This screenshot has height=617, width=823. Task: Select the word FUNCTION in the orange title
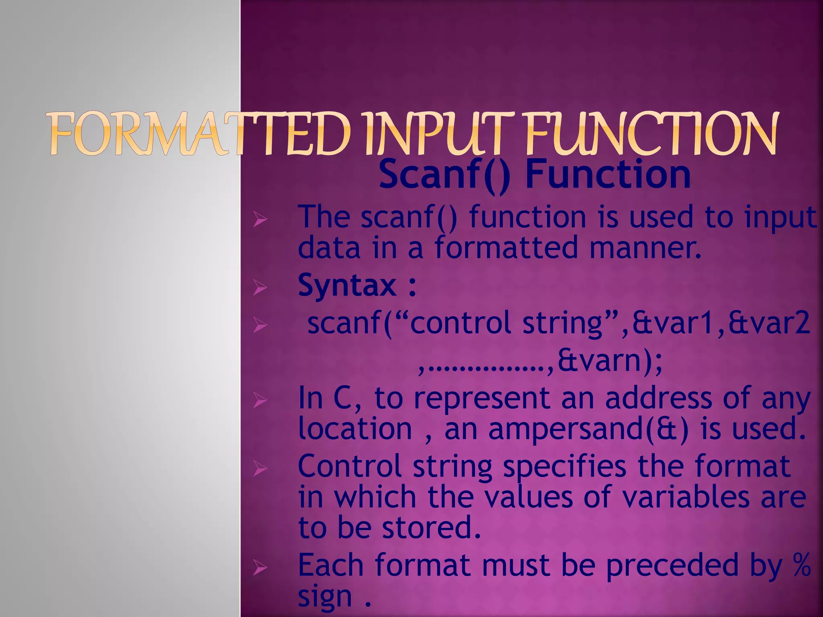(x=651, y=135)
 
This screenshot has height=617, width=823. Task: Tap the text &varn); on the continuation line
(x=609, y=361)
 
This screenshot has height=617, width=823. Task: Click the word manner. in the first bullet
(x=645, y=248)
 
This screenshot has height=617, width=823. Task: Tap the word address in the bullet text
(x=659, y=398)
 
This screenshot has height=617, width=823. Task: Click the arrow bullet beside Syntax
(x=260, y=287)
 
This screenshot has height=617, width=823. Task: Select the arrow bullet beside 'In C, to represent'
(x=260, y=400)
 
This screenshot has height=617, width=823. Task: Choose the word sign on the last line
(x=325, y=597)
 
